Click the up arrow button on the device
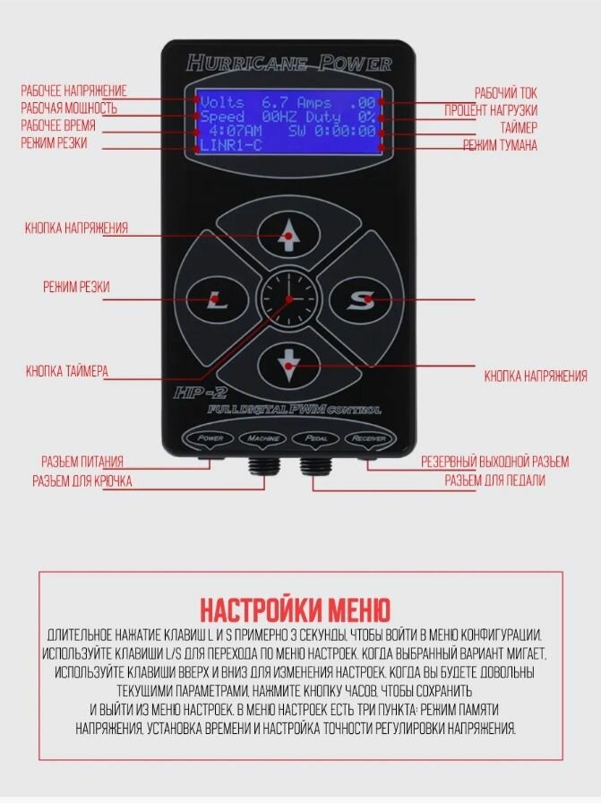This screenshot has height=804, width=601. click(288, 237)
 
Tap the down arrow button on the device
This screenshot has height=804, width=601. click(288, 363)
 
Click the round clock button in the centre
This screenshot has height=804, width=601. click(288, 300)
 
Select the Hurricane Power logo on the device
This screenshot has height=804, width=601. click(288, 63)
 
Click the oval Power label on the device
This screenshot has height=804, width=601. click(209, 438)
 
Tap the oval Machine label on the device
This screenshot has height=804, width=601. click(262, 438)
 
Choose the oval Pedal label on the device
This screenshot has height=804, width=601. click(315, 438)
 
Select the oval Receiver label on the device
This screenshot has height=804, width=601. click(368, 438)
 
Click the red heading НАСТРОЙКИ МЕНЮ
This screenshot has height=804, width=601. click(295, 610)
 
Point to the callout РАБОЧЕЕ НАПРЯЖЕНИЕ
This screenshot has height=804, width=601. click(74, 91)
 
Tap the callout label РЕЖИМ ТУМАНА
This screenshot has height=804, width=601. click(500, 146)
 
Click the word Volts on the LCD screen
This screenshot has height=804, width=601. click(221, 102)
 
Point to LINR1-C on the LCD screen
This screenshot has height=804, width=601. click(230, 145)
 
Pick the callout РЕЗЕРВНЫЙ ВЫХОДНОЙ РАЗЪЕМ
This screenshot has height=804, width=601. click(494, 463)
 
